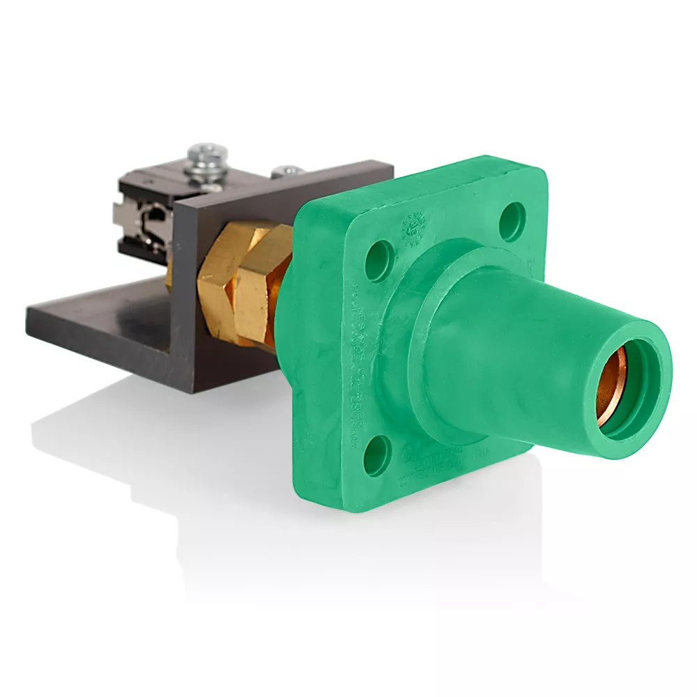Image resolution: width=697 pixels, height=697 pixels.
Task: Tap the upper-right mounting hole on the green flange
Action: click(x=514, y=215)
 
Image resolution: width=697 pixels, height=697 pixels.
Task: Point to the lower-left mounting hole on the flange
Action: click(x=376, y=454)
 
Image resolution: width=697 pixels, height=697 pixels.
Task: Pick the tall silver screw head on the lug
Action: click(x=207, y=158)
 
